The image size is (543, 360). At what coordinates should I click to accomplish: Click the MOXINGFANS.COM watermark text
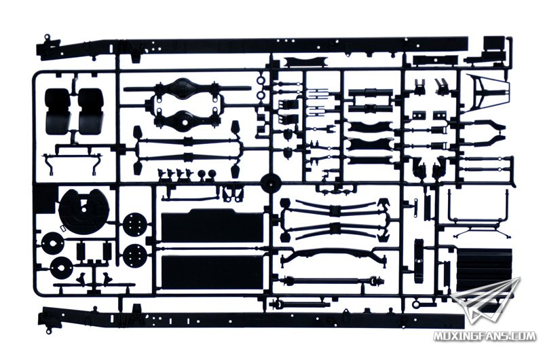[484, 336]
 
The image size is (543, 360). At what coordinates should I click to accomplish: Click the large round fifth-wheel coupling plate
[84, 211]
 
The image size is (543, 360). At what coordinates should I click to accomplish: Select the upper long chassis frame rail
[252, 47]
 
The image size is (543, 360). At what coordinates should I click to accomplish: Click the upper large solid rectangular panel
[212, 226]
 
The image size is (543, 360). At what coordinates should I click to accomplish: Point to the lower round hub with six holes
[134, 255]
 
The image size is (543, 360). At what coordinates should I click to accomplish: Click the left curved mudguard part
[58, 111]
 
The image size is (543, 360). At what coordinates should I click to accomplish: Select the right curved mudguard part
[90, 111]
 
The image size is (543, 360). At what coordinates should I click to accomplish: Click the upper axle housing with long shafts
[187, 88]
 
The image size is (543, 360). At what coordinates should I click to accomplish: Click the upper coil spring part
[438, 130]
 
